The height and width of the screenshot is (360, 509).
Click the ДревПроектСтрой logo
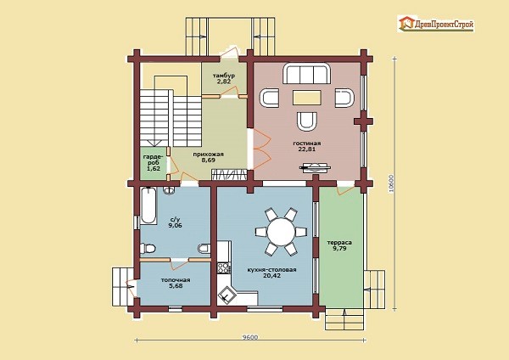point(436,24)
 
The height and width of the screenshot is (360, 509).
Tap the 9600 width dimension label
point(250,337)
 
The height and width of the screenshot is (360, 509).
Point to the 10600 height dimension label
point(391,184)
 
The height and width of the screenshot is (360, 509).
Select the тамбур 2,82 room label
point(224,79)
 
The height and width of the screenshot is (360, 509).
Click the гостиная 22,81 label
point(307,146)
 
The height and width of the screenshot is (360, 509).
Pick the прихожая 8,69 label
point(208,157)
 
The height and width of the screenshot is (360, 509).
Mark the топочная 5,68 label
point(176,283)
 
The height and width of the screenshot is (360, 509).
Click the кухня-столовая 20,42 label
point(271,273)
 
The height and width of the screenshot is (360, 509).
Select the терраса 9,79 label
point(339,245)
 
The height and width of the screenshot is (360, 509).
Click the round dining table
point(281,232)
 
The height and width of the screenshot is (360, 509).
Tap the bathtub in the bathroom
point(148,205)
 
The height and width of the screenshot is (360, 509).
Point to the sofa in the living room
point(306,73)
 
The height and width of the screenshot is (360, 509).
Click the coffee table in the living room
point(307,98)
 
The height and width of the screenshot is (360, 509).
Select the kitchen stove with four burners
point(223,268)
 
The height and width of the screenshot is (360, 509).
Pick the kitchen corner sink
point(226,294)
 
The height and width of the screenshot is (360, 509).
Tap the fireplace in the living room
point(315,167)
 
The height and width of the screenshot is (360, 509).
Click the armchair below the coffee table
point(307,121)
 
